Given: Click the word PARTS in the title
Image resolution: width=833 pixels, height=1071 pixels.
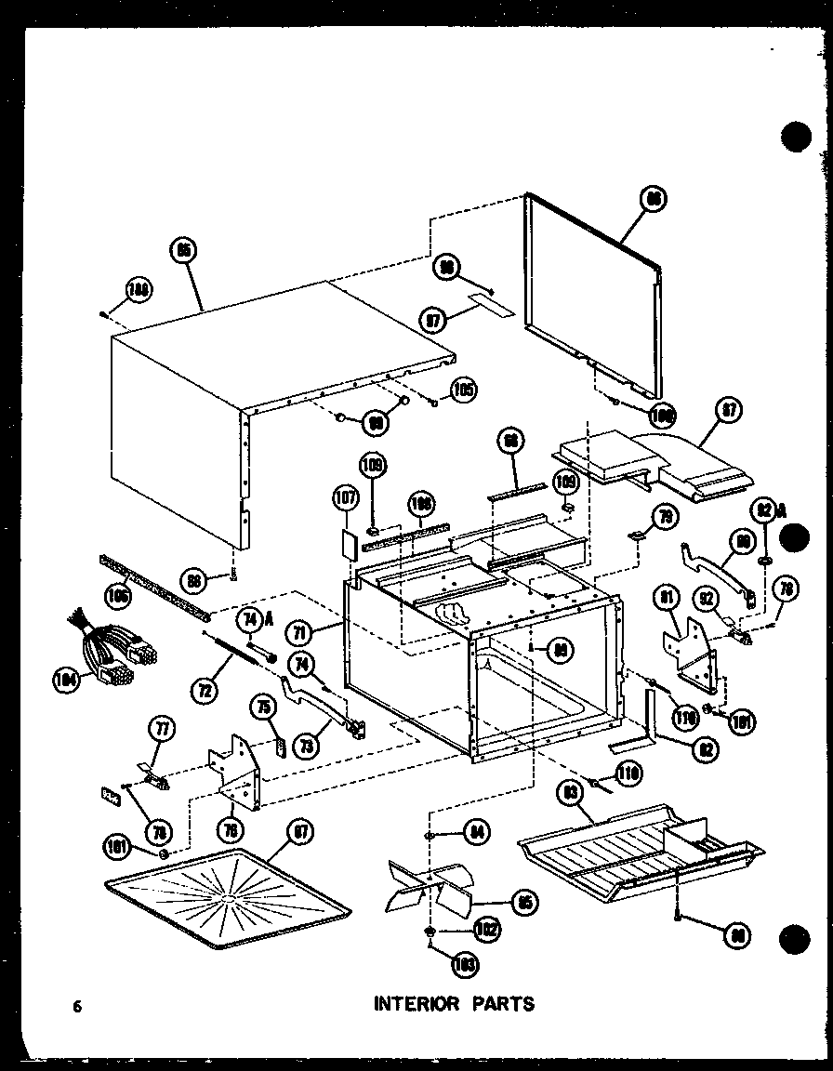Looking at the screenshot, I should [x=502, y=1003].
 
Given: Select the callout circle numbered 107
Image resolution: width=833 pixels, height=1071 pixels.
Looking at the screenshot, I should [x=345, y=500].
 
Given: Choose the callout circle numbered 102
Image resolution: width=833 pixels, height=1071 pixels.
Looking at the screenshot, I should [x=485, y=928].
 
